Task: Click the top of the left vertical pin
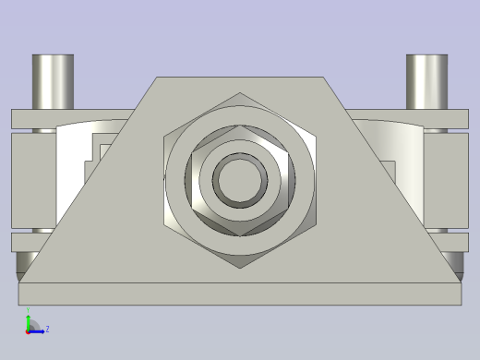click(53, 58)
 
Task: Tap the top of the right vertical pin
click(427, 58)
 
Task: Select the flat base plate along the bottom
click(240, 294)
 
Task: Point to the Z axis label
click(47, 329)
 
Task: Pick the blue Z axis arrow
click(38, 329)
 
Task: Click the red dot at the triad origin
click(29, 330)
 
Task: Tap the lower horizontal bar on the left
click(37, 242)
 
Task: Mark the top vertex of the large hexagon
click(240, 93)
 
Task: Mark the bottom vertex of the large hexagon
click(240, 269)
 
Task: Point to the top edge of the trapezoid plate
click(240, 78)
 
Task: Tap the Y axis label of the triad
click(29, 311)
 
